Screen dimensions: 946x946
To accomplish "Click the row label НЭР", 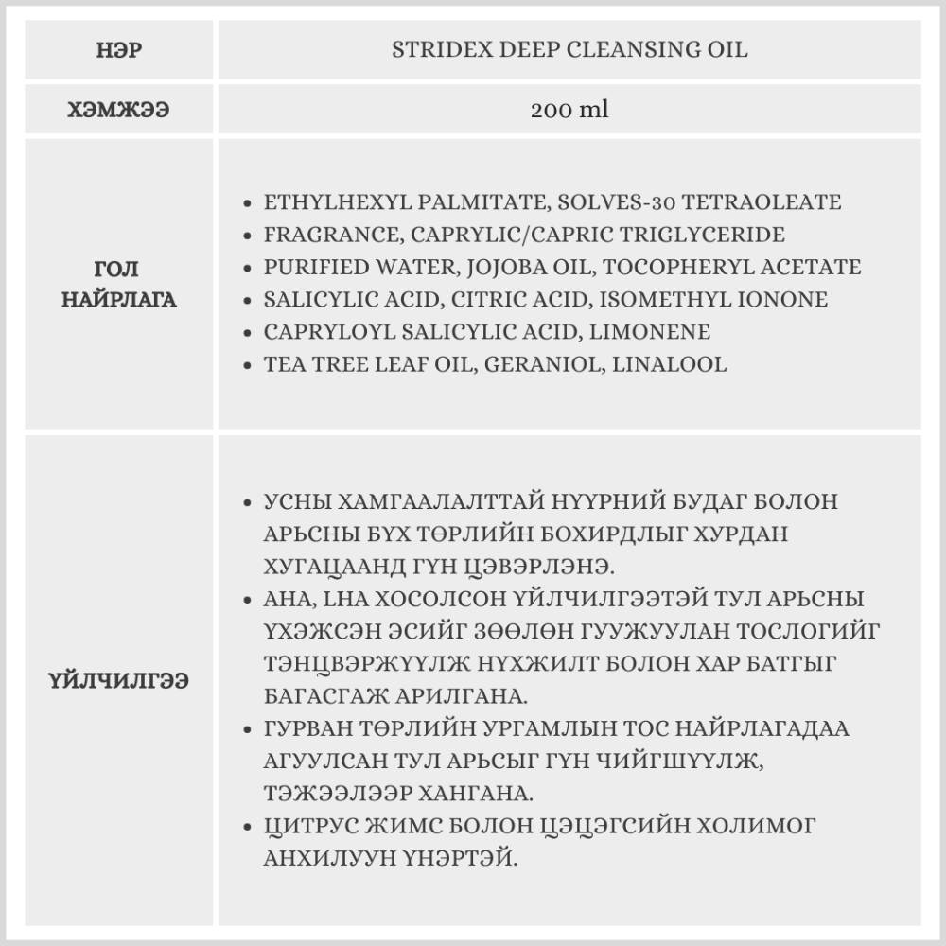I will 119,50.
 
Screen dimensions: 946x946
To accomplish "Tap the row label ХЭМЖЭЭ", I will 119,110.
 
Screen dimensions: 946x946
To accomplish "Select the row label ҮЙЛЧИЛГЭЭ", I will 119,680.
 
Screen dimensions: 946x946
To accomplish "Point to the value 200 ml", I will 569,110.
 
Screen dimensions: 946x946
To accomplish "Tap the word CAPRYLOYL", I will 313,332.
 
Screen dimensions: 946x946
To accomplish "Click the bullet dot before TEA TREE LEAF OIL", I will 248,365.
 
